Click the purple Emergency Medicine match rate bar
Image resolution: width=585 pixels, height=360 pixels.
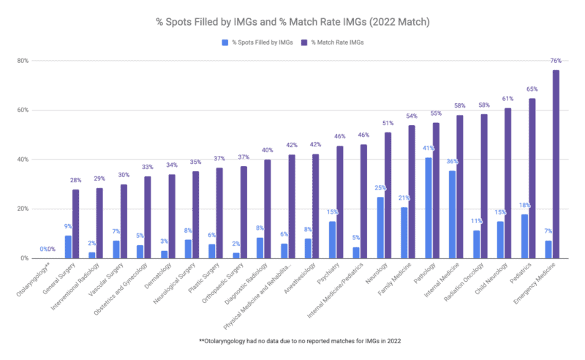(556, 164)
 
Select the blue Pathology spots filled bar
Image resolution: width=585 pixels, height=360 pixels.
(429, 208)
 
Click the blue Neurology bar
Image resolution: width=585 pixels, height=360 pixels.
(380, 228)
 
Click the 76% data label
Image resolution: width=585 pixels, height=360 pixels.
(556, 61)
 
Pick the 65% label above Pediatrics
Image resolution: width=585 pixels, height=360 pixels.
(532, 90)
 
